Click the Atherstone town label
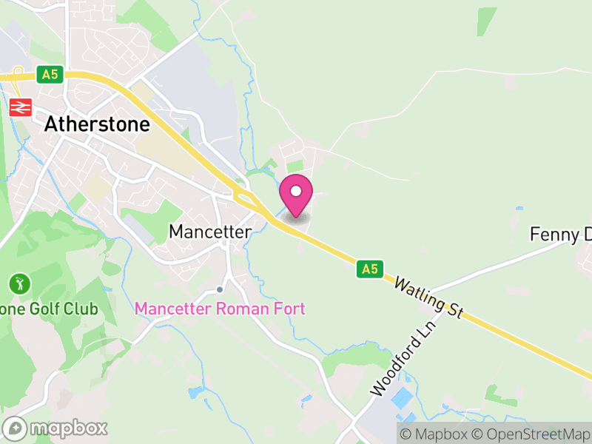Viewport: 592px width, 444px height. [x=97, y=124]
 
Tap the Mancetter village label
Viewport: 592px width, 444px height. [x=209, y=232]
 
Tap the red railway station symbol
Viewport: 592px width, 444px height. [x=20, y=107]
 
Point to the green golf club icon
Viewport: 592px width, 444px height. [x=19, y=283]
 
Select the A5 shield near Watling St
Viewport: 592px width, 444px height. [x=369, y=269]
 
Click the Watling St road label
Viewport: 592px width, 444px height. [x=428, y=297]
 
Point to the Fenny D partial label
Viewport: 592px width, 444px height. [x=561, y=235]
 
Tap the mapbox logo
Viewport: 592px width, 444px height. [x=56, y=428]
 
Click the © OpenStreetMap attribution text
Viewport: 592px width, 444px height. [x=532, y=434]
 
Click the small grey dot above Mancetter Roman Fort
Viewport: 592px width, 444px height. [x=219, y=289]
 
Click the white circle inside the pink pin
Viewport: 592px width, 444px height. [x=296, y=191]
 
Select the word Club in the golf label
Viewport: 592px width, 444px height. [x=82, y=308]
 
